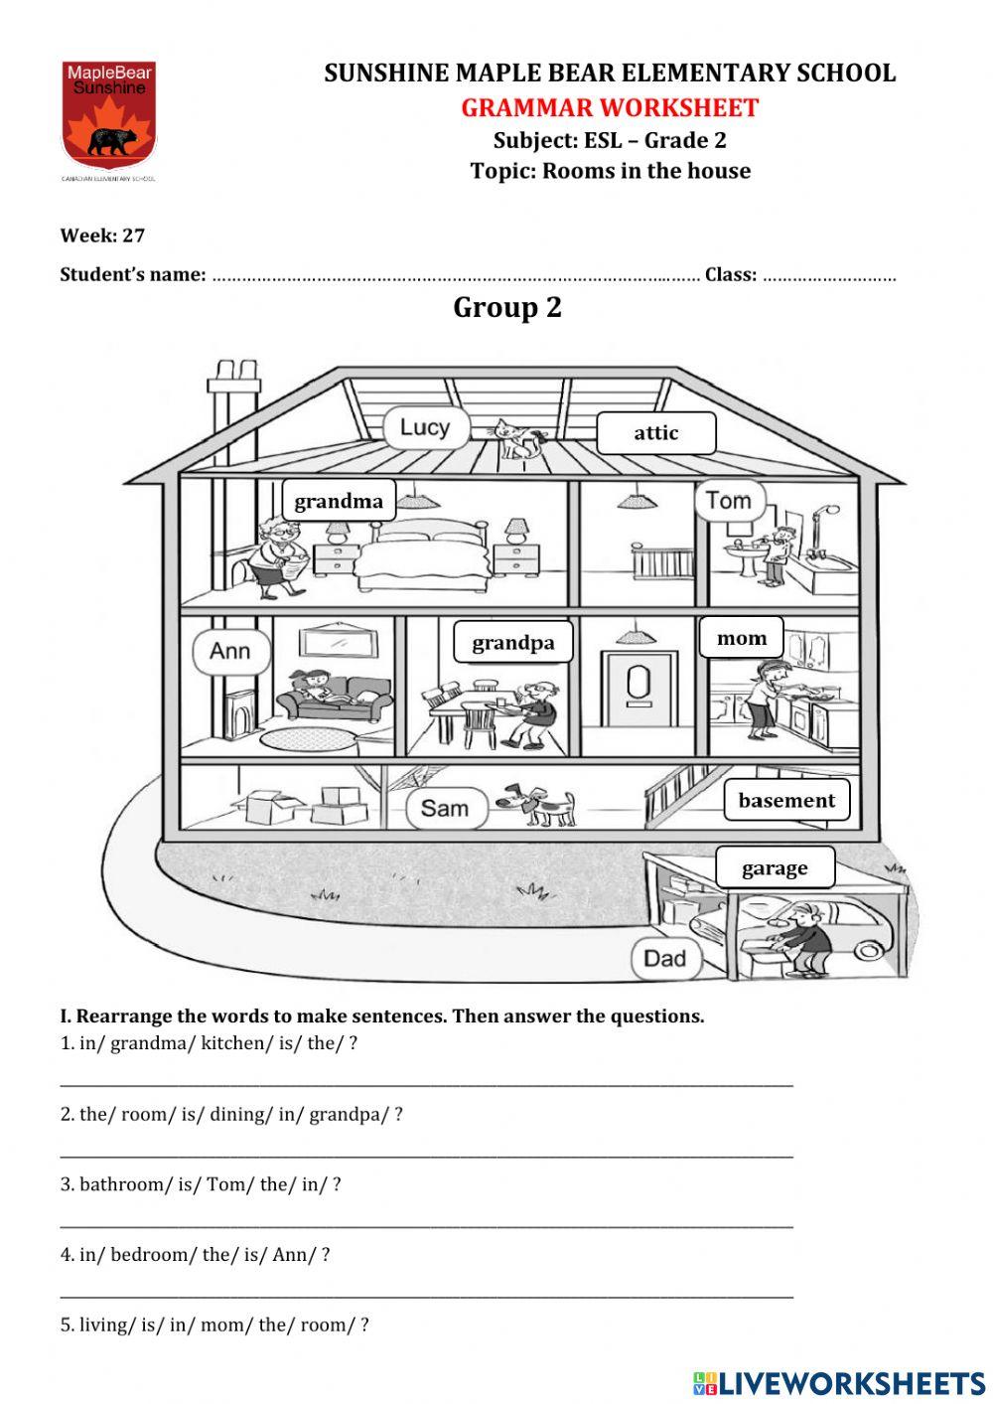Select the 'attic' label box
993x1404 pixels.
(x=655, y=433)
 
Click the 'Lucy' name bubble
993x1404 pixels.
(x=425, y=428)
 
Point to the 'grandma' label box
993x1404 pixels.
(x=339, y=501)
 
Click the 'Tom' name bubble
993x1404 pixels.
(x=730, y=501)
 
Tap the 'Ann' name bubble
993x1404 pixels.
(x=229, y=652)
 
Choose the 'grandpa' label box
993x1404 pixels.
(x=513, y=643)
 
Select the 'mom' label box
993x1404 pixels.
(x=742, y=638)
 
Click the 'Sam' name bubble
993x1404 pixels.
(x=445, y=808)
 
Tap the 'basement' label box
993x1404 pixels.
(x=786, y=801)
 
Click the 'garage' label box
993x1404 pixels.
(x=775, y=868)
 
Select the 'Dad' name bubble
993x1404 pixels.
(x=665, y=959)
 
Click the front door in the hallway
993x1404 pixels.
(x=638, y=685)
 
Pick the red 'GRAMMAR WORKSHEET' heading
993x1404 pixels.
(x=610, y=107)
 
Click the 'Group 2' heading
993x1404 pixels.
(x=507, y=308)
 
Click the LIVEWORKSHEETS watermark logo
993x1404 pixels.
(x=839, y=1382)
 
